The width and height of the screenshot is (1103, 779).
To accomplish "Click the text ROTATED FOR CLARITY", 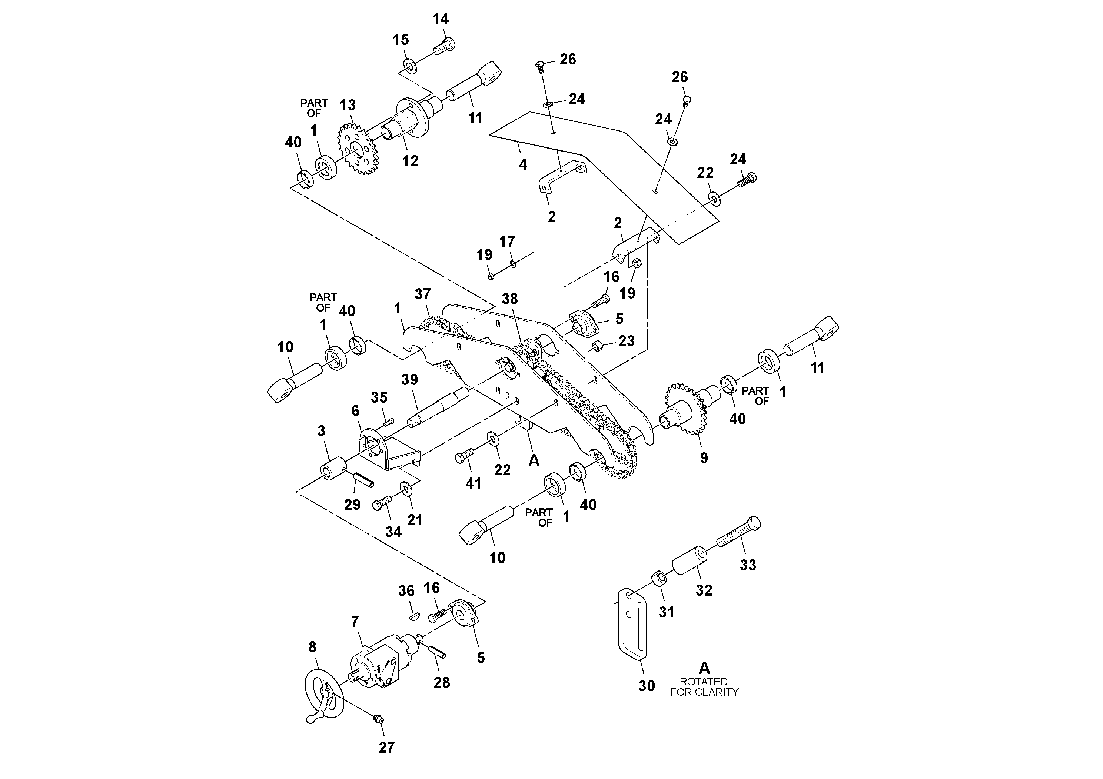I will [704, 687].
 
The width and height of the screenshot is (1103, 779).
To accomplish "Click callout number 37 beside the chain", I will [423, 294].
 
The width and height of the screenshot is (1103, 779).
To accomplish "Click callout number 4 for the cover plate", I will [523, 165].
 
